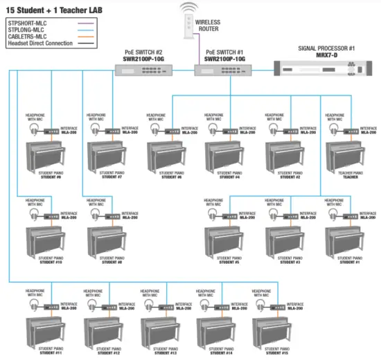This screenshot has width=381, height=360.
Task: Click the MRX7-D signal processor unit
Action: (323, 67)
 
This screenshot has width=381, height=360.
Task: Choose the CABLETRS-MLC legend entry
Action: (29, 37)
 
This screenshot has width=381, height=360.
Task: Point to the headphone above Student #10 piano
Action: (35, 215)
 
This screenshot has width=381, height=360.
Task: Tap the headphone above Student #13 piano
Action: (150, 305)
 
